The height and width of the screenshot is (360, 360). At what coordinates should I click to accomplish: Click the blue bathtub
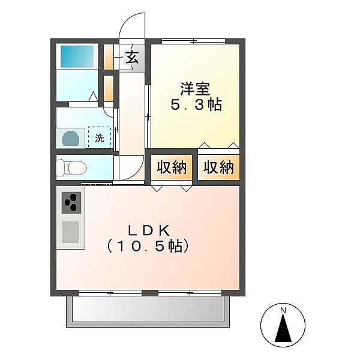[x=77, y=56]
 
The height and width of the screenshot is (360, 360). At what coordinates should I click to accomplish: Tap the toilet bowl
[x=71, y=167]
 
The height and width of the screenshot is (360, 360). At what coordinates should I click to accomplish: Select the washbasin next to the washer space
[x=71, y=138]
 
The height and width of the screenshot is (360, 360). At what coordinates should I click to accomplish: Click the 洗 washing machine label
[x=100, y=138]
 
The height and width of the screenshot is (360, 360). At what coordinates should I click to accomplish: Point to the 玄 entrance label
[x=132, y=57]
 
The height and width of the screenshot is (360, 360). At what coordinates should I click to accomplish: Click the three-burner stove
[x=71, y=203]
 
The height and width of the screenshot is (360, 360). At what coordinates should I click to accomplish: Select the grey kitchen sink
[x=70, y=232]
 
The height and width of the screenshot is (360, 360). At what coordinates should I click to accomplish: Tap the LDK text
[x=149, y=231]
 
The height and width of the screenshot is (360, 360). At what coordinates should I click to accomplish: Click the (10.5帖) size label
[x=148, y=247]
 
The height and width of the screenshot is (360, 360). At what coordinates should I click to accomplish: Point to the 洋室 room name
[x=195, y=89]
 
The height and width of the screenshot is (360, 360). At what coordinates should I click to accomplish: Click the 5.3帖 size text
[x=196, y=104]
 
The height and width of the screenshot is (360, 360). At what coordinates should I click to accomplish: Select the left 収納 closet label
[x=171, y=167]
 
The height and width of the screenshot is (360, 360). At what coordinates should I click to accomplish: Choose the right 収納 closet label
[x=218, y=167]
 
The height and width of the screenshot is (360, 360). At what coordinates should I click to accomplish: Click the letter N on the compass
[x=283, y=311]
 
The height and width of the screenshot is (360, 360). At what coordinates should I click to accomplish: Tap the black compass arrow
[x=283, y=328]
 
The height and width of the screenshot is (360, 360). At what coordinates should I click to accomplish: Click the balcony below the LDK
[x=148, y=311]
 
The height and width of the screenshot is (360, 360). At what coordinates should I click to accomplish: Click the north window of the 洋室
[x=194, y=41]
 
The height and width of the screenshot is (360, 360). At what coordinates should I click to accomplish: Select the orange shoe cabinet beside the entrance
[x=109, y=57]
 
